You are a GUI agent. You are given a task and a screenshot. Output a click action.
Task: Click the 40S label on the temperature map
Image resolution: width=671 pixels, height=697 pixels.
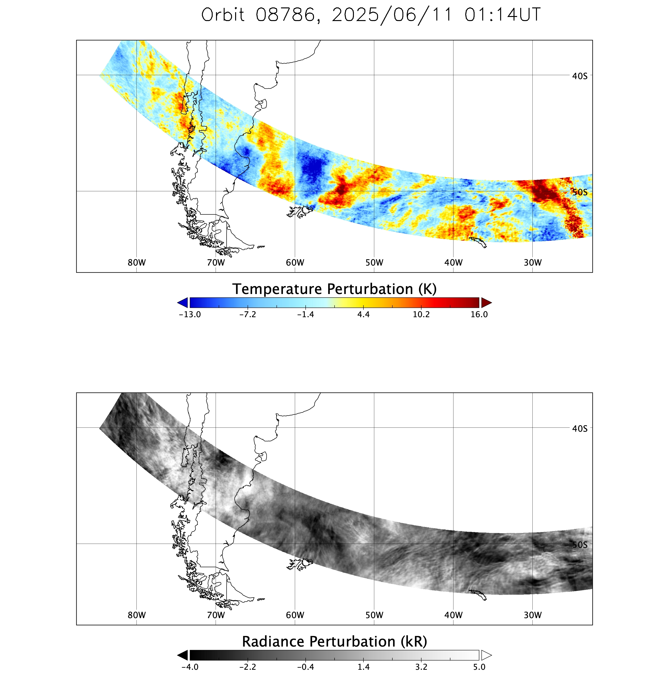(580, 76)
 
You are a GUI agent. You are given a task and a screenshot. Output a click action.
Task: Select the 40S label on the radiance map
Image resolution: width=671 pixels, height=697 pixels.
(580, 429)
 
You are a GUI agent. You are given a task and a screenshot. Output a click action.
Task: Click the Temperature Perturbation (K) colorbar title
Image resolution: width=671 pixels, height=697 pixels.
(335, 289)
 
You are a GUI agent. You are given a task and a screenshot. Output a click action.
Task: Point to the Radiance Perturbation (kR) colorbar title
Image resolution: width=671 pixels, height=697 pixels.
(335, 642)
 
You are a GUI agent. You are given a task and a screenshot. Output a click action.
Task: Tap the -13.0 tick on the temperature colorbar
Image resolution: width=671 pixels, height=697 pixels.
(190, 314)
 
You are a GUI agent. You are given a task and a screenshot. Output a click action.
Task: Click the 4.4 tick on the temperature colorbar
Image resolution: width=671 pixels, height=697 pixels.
(363, 314)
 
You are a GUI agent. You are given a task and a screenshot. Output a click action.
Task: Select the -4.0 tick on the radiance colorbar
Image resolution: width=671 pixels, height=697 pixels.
(190, 667)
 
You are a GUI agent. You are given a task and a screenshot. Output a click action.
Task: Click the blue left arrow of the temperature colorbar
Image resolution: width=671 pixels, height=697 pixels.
(183, 303)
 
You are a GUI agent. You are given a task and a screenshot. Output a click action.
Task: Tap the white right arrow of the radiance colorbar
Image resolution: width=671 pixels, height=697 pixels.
(486, 655)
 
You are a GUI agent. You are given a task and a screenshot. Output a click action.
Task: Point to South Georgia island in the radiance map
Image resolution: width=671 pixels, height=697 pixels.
(478, 595)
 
